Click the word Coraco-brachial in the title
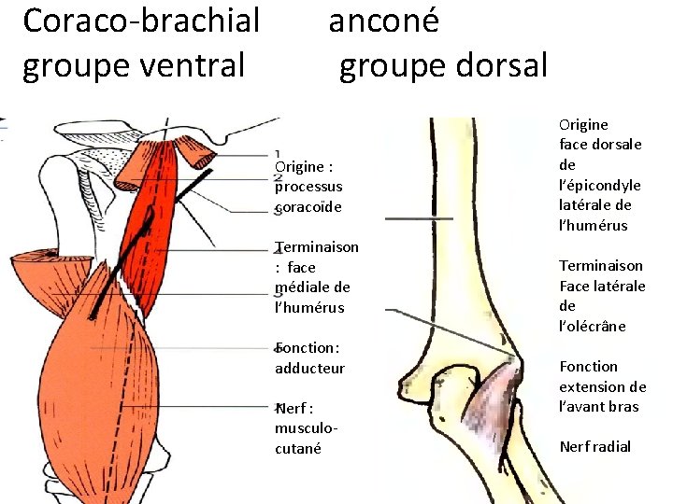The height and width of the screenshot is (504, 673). point(140,21)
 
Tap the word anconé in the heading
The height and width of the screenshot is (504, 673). point(383,21)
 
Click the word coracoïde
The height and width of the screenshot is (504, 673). point(308,206)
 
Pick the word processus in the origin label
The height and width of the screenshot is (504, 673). point(308,186)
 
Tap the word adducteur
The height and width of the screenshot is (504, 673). point(309,368)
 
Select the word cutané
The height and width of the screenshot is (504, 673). point(298,448)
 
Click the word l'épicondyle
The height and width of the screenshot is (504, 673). point(600,185)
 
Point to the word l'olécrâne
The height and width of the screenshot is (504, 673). point(593,326)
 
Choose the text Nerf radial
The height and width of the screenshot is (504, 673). point(595,446)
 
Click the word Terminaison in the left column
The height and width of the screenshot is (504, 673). point(317,247)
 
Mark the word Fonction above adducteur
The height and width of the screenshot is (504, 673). point(308,348)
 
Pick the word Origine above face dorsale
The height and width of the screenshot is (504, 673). point(583,124)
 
